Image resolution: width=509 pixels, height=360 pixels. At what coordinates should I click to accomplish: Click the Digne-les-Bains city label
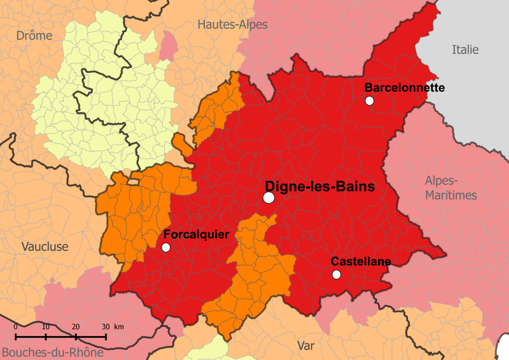coord(319,186)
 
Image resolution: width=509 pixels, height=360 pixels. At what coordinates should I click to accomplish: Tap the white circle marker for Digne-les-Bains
coord(269,197)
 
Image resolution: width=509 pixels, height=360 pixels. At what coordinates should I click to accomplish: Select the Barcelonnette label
coord(405,88)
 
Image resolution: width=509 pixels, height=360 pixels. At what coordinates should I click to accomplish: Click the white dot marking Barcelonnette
coord(369,100)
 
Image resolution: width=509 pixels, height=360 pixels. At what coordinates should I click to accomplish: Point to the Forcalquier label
coord(196,234)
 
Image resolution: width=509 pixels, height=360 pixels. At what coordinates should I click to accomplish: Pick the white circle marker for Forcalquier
coord(166,247)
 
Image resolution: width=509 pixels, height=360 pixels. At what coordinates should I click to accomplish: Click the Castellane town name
coord(361,261)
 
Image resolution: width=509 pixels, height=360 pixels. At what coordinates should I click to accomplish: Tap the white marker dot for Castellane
coord(337,274)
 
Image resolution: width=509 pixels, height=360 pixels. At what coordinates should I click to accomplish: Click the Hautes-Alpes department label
coord(232,24)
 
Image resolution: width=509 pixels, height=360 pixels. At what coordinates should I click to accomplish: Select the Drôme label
coord(34,36)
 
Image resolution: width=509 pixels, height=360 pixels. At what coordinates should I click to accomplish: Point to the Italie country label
coord(465,49)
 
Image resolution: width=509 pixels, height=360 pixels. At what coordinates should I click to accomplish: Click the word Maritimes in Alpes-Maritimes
coord(451,195)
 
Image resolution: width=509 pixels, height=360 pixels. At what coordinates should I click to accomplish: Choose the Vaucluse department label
coord(45,247)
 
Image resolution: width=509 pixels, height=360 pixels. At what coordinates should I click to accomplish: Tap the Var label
coord(306,346)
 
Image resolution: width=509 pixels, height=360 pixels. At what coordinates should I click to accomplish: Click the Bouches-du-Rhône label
coord(52,353)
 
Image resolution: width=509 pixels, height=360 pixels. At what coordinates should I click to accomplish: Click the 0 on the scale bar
coord(16,327)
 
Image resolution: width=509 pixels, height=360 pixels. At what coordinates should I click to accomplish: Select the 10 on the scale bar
coord(46,327)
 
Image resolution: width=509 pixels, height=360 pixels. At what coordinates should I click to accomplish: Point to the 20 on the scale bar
coord(76,327)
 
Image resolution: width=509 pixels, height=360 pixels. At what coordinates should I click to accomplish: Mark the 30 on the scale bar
coord(105,327)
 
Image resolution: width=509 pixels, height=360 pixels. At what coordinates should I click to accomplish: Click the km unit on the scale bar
coord(119,327)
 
